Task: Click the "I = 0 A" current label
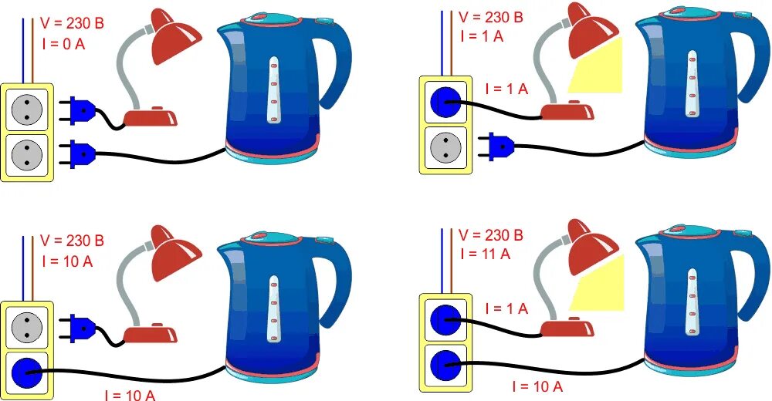[63, 44]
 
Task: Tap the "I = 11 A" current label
[484, 254]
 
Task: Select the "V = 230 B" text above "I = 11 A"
[491, 234]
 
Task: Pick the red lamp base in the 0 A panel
[151, 117]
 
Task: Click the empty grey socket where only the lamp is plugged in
[445, 145]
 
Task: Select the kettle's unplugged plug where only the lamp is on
[498, 144]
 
